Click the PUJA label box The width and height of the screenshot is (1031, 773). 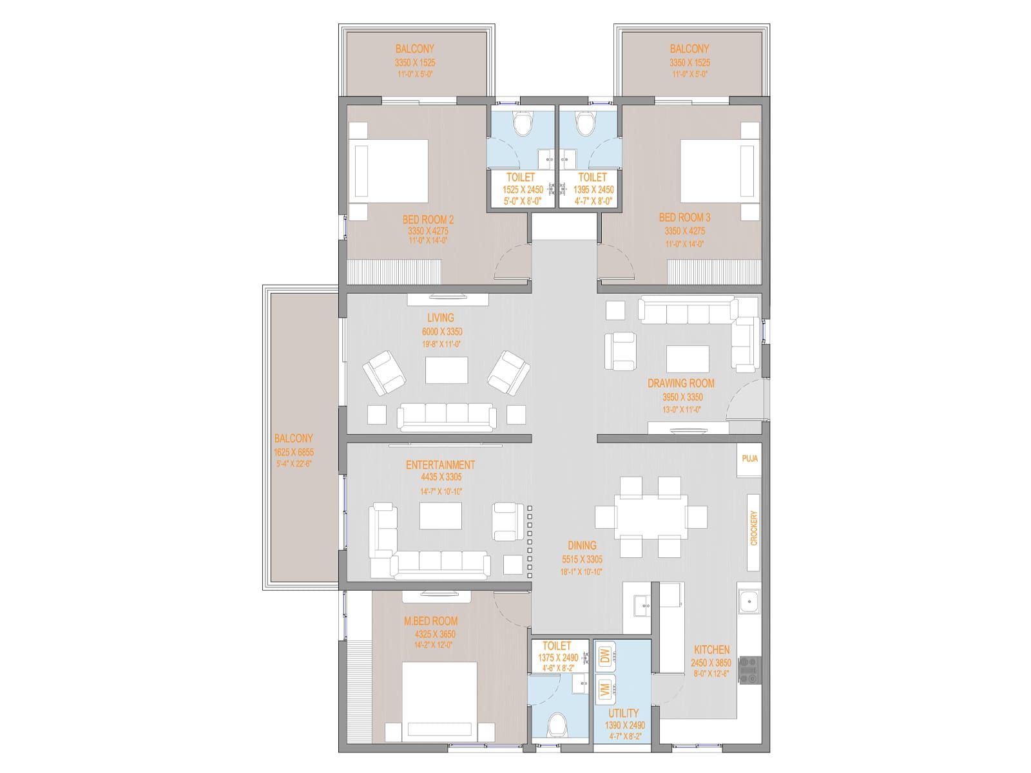[749, 459]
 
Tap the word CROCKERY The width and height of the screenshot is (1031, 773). [754, 529]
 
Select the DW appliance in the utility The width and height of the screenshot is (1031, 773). [605, 656]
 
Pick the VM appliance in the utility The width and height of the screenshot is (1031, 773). [605, 690]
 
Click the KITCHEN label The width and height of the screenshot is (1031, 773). [712, 650]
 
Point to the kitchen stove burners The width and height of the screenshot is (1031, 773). [749, 670]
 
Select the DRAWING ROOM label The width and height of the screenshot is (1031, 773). [680, 383]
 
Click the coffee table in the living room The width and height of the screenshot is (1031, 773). [447, 370]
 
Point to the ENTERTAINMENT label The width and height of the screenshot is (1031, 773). [440, 464]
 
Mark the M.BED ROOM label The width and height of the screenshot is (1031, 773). [430, 621]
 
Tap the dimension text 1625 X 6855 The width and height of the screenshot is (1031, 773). [293, 452]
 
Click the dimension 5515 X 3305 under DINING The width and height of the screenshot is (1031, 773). [581, 559]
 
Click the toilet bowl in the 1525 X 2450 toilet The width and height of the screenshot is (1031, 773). [521, 123]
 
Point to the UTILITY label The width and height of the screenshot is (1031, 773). [623, 713]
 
